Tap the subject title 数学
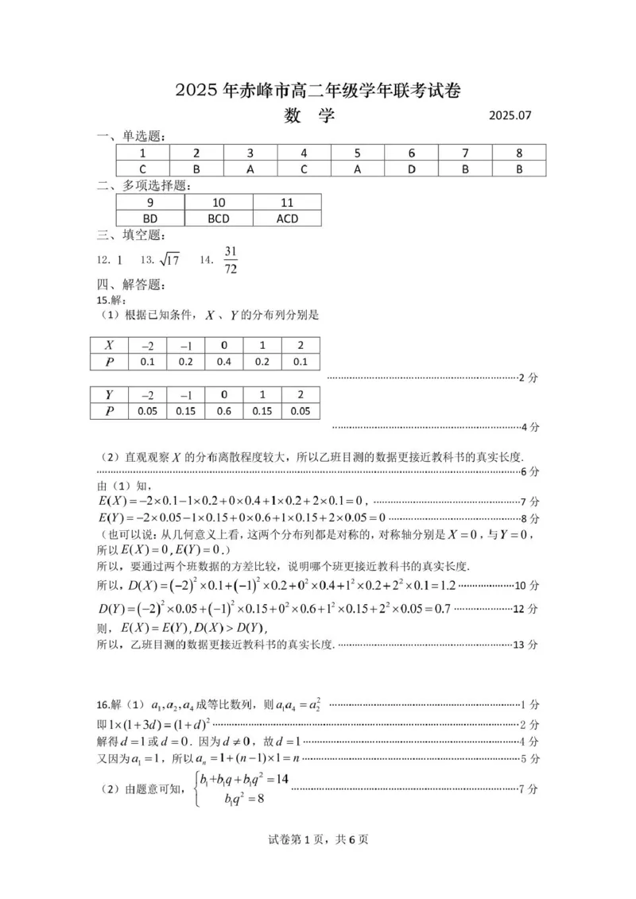[x=309, y=116]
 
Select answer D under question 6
[x=411, y=169]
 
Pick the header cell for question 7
[x=465, y=153]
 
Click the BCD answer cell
[x=219, y=218]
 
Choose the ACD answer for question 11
[x=287, y=218]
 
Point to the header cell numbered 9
[x=150, y=203]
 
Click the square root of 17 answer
[x=169, y=260]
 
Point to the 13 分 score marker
[x=527, y=644]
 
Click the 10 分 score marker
[x=527, y=586]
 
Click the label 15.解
[x=107, y=300]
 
